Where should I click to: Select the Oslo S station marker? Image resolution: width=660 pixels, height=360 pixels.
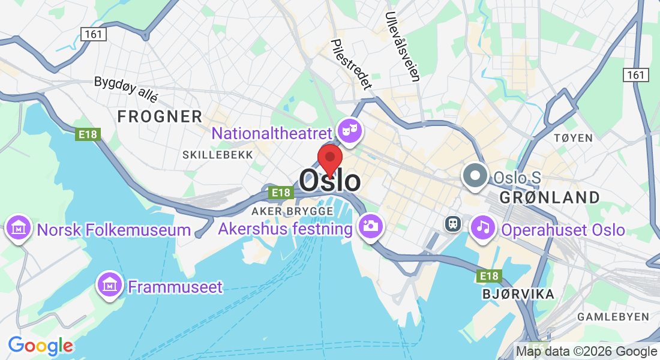coord(476,176)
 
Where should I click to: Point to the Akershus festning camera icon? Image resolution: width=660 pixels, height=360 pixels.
coord(370,227)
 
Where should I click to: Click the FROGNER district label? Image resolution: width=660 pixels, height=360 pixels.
coord(160,117)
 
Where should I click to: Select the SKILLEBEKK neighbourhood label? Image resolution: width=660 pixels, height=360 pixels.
coord(217,155)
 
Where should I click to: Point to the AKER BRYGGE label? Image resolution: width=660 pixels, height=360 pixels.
coord(292,211)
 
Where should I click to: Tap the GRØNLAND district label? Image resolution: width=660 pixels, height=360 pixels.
coord(549,197)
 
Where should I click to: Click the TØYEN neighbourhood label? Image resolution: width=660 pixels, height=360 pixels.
coord(573,138)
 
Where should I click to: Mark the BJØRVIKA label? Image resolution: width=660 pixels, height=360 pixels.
coord(518,294)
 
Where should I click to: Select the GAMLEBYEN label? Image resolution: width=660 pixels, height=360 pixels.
coord(613,317)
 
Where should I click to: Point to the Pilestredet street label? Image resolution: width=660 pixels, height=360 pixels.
coord(351,64)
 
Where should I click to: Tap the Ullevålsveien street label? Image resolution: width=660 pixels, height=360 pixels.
coord(403,46)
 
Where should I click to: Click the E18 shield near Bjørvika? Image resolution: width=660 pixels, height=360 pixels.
coord(489,276)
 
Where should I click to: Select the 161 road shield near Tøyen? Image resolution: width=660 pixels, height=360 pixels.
coord(636,74)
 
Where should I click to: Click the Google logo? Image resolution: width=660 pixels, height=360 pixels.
coord(40,346)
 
